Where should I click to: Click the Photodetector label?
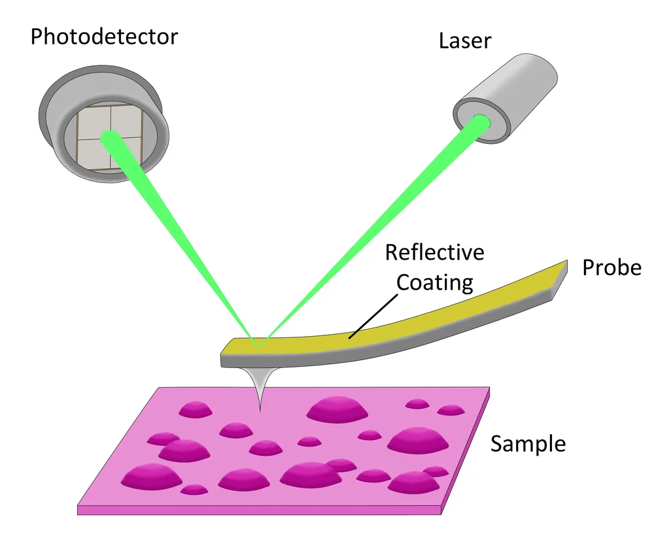[104, 37]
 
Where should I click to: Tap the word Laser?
[465, 42]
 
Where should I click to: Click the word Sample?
[528, 444]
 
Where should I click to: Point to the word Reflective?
[435, 252]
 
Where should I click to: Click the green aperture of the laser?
[482, 122]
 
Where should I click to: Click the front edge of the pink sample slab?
[262, 508]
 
